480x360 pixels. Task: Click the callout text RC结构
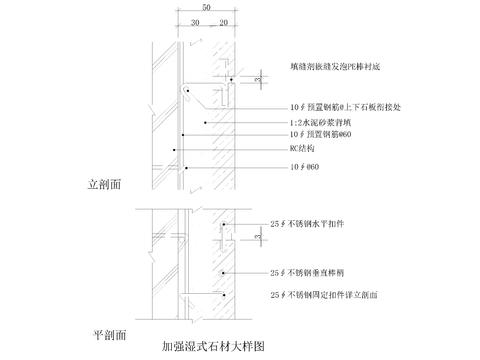click(301, 146)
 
